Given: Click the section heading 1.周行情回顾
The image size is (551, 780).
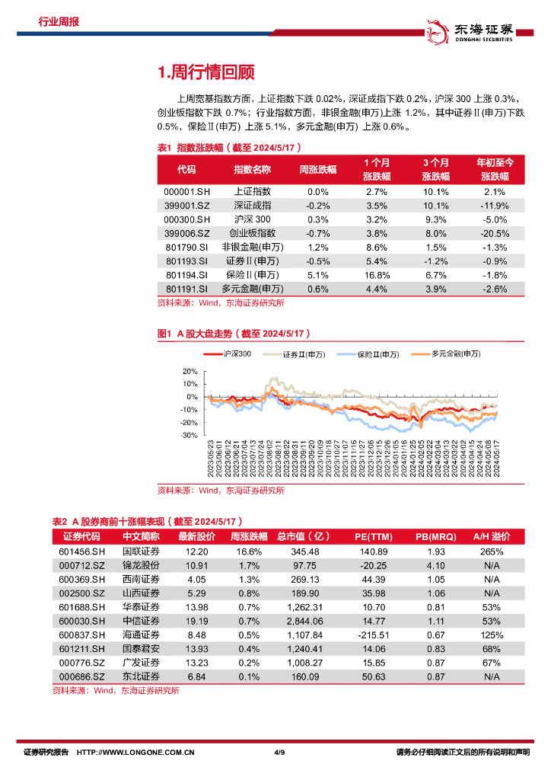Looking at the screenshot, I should point(205,72).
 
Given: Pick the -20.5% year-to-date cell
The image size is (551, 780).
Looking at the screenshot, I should point(495,233).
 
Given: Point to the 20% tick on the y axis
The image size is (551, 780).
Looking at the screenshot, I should point(190,371).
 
